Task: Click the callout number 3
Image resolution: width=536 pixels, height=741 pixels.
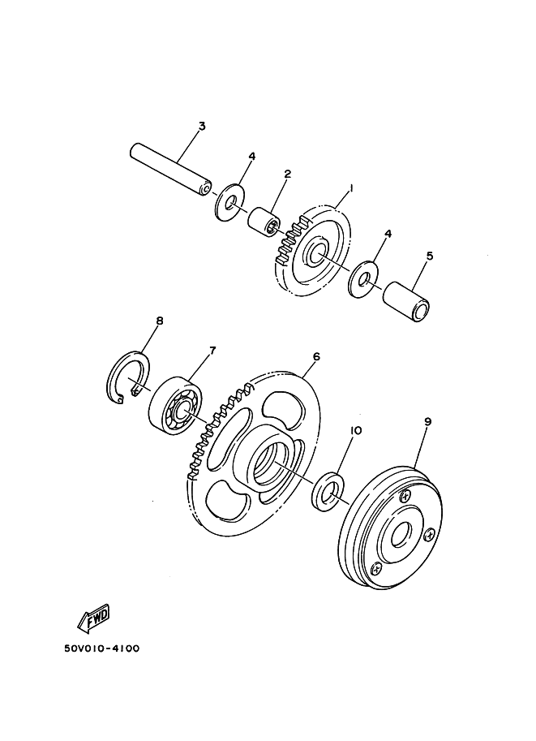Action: (x=202, y=126)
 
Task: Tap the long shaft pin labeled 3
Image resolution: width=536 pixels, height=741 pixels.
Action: (x=170, y=169)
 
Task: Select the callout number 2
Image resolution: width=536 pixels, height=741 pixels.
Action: (x=287, y=174)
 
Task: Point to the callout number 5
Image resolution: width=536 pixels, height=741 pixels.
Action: (x=429, y=256)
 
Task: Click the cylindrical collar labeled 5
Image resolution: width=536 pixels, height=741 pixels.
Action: (x=408, y=301)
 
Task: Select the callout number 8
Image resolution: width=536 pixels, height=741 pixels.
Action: (x=159, y=321)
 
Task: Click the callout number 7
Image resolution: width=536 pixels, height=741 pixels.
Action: (x=212, y=350)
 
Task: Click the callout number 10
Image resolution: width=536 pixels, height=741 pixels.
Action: (x=356, y=430)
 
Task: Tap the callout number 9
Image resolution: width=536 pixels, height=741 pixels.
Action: (x=427, y=422)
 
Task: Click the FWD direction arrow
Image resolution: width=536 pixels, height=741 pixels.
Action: (x=94, y=618)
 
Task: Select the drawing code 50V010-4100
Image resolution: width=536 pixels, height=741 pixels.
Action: (x=102, y=648)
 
